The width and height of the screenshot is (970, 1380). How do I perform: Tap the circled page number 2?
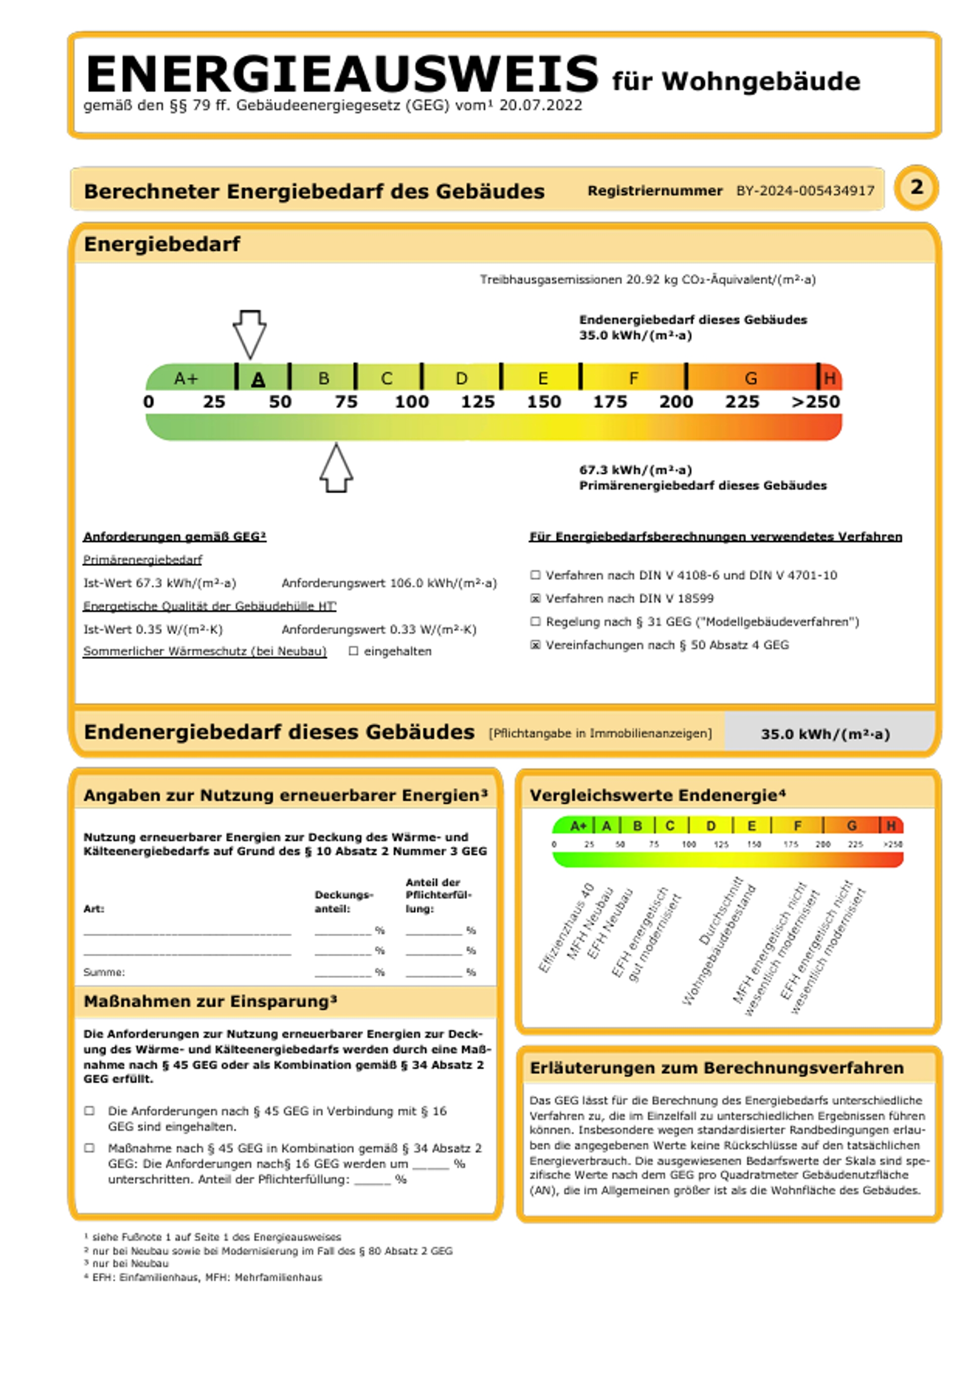click(x=916, y=187)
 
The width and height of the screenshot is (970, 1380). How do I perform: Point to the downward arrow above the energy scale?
click(x=250, y=334)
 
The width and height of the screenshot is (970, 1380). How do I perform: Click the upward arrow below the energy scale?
click(x=336, y=469)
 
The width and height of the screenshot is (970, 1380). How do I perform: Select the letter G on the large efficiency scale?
click(x=751, y=379)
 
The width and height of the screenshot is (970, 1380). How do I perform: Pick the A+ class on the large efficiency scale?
click(x=186, y=379)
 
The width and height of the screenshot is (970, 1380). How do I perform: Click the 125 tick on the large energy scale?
click(x=477, y=401)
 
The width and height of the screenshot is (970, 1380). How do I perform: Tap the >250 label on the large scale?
click(x=815, y=401)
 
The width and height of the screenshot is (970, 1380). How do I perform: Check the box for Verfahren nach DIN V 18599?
click(x=535, y=599)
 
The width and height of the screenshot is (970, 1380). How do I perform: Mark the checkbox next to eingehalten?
click(x=354, y=651)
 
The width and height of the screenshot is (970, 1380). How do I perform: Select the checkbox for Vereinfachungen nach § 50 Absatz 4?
click(x=535, y=645)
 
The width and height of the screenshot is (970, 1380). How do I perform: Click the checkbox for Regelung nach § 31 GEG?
click(x=535, y=622)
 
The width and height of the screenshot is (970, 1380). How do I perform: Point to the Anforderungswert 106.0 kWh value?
click(x=389, y=583)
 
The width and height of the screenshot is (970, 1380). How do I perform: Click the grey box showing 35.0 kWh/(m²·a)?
click(x=825, y=734)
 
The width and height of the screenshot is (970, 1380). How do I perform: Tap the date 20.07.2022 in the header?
click(x=540, y=106)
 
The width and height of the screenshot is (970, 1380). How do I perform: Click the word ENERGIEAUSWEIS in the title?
click(x=342, y=75)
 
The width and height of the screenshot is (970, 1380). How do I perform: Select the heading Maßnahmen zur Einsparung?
click(x=210, y=1001)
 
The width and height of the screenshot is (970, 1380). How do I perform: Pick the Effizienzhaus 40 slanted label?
click(x=565, y=928)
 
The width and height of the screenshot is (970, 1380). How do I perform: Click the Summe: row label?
click(x=104, y=972)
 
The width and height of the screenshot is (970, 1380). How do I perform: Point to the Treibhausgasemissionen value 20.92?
click(x=644, y=280)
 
